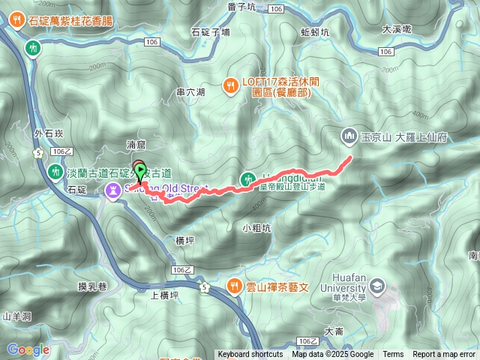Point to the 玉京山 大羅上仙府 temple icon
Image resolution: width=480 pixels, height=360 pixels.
pyautogui.click(x=348, y=136)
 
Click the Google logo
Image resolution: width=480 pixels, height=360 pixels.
pyautogui.click(x=28, y=349)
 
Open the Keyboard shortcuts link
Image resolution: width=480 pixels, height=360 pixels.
pyautogui.click(x=250, y=355)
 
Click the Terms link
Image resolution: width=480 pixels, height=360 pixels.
pyautogui.click(x=393, y=355)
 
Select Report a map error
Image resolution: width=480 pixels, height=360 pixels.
pyautogui.click(x=444, y=355)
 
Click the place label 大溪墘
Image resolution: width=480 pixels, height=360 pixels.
pyautogui.click(x=397, y=29)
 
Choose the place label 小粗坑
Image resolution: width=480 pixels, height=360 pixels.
pyautogui.click(x=256, y=227)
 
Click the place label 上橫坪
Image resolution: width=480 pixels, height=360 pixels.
pyautogui.click(x=164, y=295)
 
